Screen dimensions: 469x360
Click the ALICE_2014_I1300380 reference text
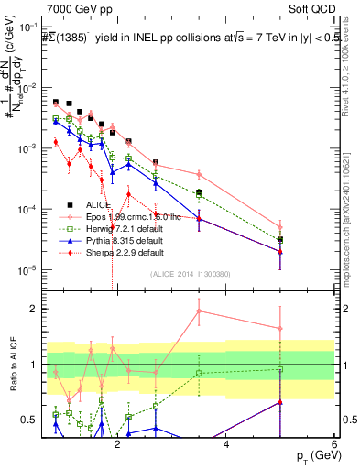click(191, 274)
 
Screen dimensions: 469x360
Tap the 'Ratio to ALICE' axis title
click(16, 365)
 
